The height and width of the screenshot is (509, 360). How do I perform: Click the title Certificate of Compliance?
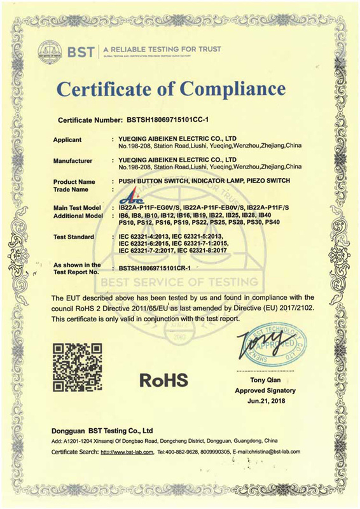point(180,88)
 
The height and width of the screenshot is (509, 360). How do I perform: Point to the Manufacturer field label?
point(73,160)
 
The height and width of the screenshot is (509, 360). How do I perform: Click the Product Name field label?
point(73,182)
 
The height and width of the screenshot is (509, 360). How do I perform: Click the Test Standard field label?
point(74,237)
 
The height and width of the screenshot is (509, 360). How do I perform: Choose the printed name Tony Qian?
point(265,380)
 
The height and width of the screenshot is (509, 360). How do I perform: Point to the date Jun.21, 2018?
point(265,401)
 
